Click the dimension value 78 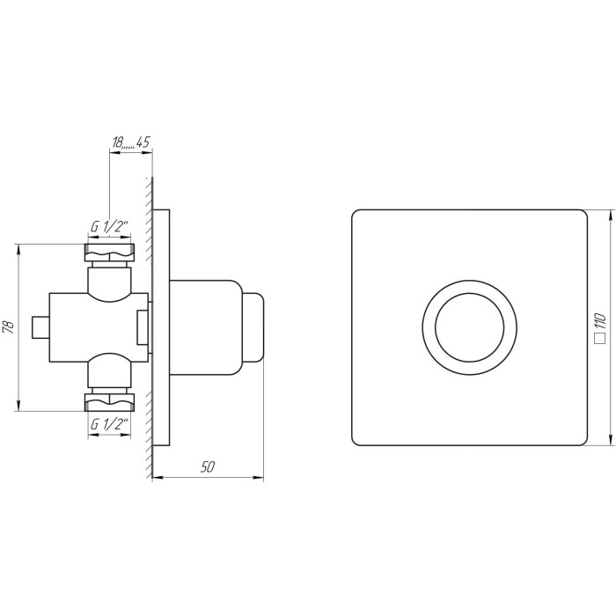pyautogui.click(x=10, y=326)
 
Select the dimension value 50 pyautogui.click(x=208, y=466)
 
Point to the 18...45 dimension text pyautogui.click(x=131, y=142)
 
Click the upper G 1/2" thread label pyautogui.click(x=110, y=227)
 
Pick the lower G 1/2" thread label pyautogui.click(x=110, y=425)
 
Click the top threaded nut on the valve pyautogui.click(x=110, y=253)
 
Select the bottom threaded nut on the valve pyautogui.click(x=110, y=402)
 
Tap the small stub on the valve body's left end pyautogui.click(x=40, y=327)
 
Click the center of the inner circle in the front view pyautogui.click(x=469, y=327)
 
